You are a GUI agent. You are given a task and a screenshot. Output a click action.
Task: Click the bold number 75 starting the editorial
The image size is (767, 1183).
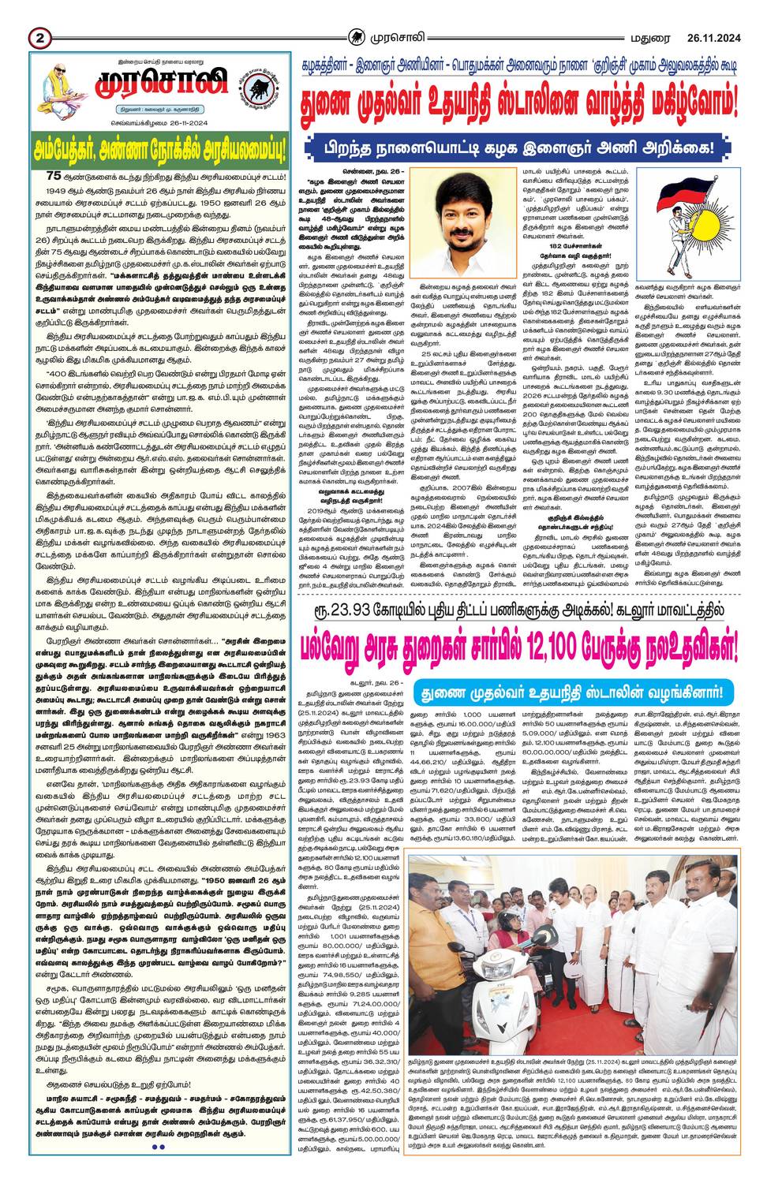[x=54, y=175]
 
